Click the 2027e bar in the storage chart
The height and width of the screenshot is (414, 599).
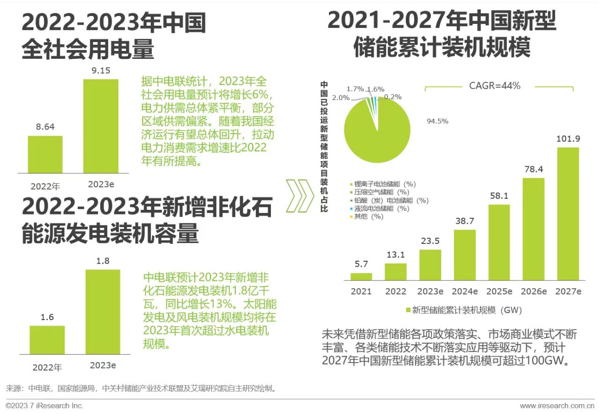pyautogui.click(x=568, y=214)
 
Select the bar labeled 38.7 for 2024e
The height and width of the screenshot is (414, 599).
pyautogui.click(x=465, y=255)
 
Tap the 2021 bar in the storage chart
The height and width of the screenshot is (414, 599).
pyautogui.click(x=361, y=277)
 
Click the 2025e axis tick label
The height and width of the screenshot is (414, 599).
pyautogui.click(x=499, y=292)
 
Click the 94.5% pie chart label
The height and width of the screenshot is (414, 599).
pyautogui.click(x=437, y=121)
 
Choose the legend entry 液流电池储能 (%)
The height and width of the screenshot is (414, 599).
pyautogui.click(x=382, y=208)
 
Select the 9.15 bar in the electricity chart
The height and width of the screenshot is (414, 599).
pyautogui.click(x=101, y=126)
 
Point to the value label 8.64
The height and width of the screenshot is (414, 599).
pyautogui.click(x=45, y=126)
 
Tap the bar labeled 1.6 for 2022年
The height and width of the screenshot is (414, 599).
pyautogui.click(x=47, y=340)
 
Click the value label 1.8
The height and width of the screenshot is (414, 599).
pyautogui.click(x=102, y=261)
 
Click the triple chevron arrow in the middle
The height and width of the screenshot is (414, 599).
pyautogui.click(x=299, y=195)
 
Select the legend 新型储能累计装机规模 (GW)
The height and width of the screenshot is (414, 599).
pyautogui.click(x=463, y=310)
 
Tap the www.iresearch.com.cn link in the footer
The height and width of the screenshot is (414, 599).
pyautogui.click(x=557, y=406)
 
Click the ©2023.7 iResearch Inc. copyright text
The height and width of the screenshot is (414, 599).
pyautogui.click(x=44, y=406)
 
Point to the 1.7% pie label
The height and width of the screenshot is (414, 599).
pyautogui.click(x=355, y=88)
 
